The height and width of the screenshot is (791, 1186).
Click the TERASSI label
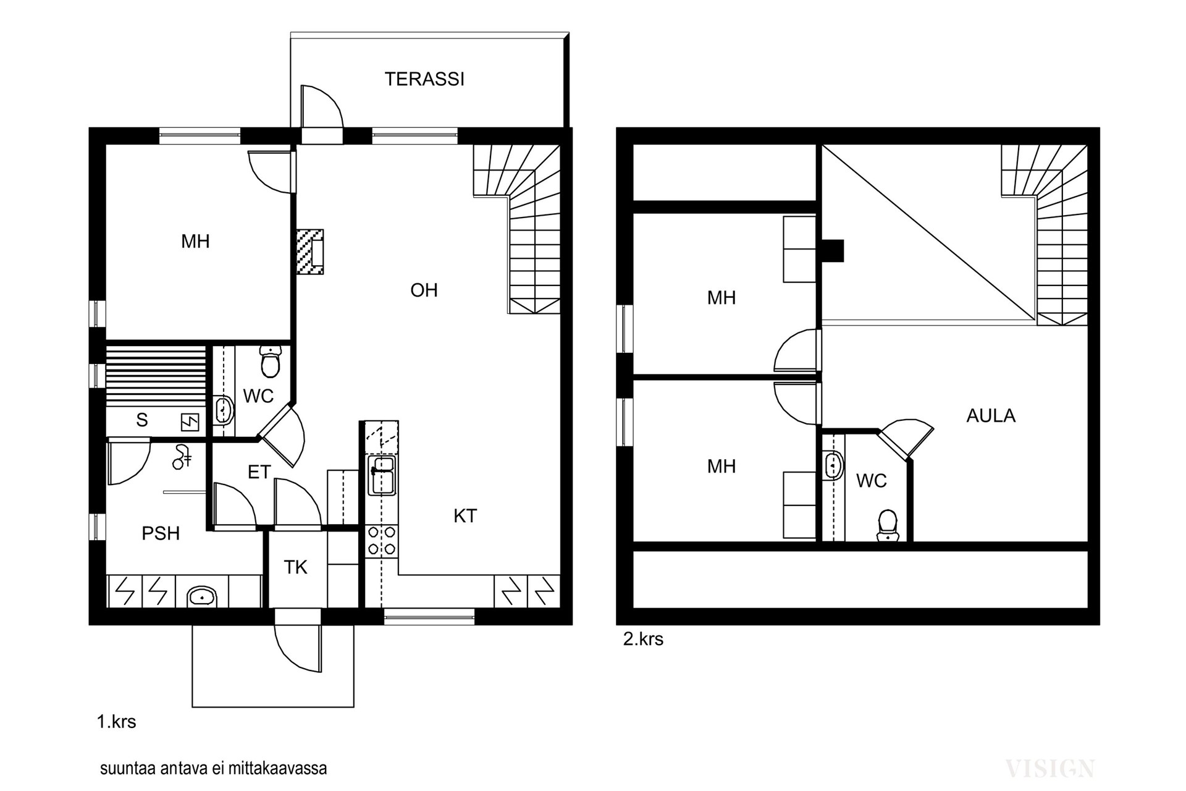tap(424, 79)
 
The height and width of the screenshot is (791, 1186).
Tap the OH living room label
tap(424, 290)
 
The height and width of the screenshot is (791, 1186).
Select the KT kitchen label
tap(465, 516)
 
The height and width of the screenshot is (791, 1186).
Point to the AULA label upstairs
tap(991, 416)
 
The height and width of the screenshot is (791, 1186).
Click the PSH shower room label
tap(161, 533)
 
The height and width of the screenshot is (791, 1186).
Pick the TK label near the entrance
tap(296, 567)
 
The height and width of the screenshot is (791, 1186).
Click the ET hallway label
tap(259, 472)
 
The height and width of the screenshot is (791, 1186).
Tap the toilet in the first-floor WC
tap(271, 361)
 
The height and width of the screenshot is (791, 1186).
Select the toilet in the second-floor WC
tap(888, 526)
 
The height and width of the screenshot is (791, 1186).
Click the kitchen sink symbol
tap(382, 475)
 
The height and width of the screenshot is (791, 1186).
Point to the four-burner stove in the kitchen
tap(382, 540)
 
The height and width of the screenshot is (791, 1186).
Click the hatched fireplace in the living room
tap(310, 252)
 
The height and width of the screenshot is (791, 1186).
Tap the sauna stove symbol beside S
tap(190, 422)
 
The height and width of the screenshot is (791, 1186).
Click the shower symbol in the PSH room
tap(182, 456)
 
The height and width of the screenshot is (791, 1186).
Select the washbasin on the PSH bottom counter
tap(202, 596)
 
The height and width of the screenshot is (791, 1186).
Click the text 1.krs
tap(117, 722)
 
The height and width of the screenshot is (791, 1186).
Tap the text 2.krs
tap(643, 639)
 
